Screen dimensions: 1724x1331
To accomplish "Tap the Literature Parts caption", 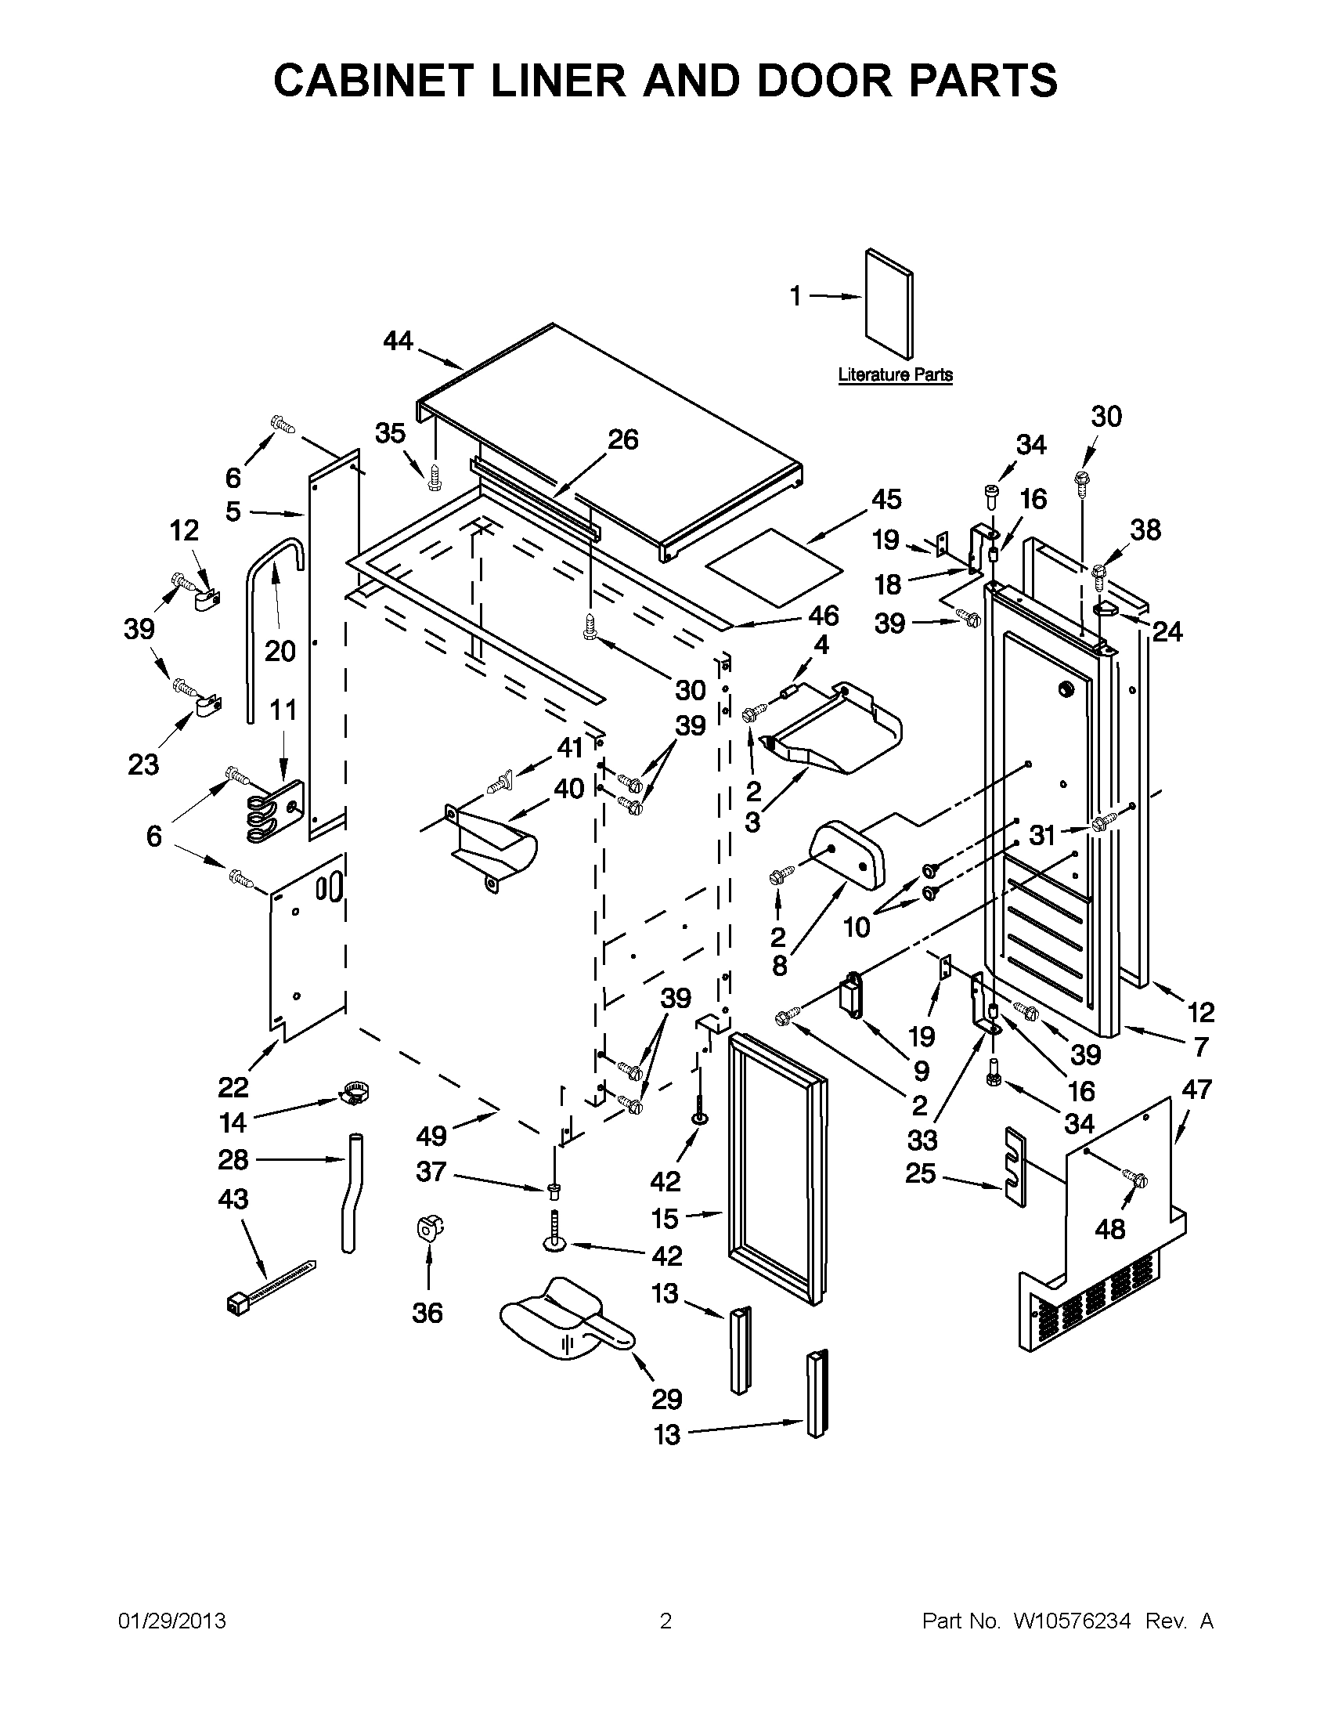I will pyautogui.click(x=895, y=375).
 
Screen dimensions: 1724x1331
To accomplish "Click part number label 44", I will pyautogui.click(x=398, y=341).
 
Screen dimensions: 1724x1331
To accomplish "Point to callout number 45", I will pyautogui.click(x=886, y=500).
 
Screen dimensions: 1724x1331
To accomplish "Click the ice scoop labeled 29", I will pyautogui.click(x=565, y=1331).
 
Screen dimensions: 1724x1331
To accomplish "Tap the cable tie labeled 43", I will pyautogui.click(x=269, y=1289).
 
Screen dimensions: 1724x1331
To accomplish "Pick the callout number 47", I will pyautogui.click(x=1196, y=1090).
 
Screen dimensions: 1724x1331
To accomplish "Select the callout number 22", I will pyautogui.click(x=233, y=1088).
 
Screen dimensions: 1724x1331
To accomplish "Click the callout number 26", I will pyautogui.click(x=622, y=439).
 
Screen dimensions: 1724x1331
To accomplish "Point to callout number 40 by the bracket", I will pyautogui.click(x=568, y=788).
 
